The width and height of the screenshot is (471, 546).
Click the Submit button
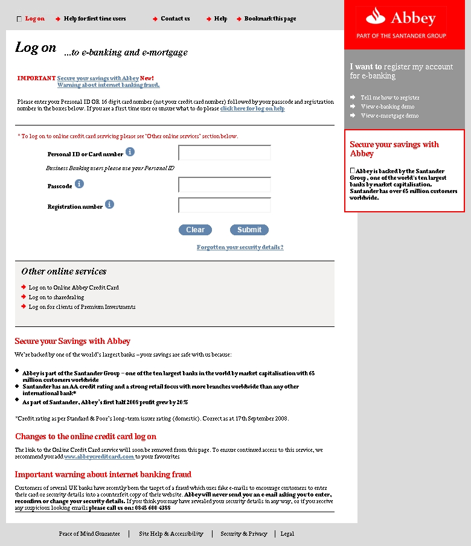coord(249,230)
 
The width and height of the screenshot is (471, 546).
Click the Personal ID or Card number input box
coord(225,153)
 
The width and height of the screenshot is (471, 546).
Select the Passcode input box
coord(225,185)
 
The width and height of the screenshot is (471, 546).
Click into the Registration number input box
coord(225,205)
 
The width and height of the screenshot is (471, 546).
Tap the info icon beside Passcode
coord(79,183)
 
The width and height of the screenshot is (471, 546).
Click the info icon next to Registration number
coord(109,205)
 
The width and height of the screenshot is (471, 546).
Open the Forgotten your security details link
coord(240,247)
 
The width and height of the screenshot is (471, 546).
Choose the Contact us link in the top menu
coord(175,19)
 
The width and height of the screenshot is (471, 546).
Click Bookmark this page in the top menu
coord(270,19)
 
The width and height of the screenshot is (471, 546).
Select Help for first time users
coord(95,19)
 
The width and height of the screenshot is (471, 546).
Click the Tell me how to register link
coord(389,98)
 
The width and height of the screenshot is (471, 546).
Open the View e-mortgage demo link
coord(389,116)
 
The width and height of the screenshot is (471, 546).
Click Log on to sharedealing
coord(56,297)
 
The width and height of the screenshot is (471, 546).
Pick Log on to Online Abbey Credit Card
coord(74,288)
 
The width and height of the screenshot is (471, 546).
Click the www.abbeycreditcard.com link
coord(99,457)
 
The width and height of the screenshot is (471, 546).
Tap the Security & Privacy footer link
coord(243,534)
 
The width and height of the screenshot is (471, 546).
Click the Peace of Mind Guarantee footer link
coord(89,534)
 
